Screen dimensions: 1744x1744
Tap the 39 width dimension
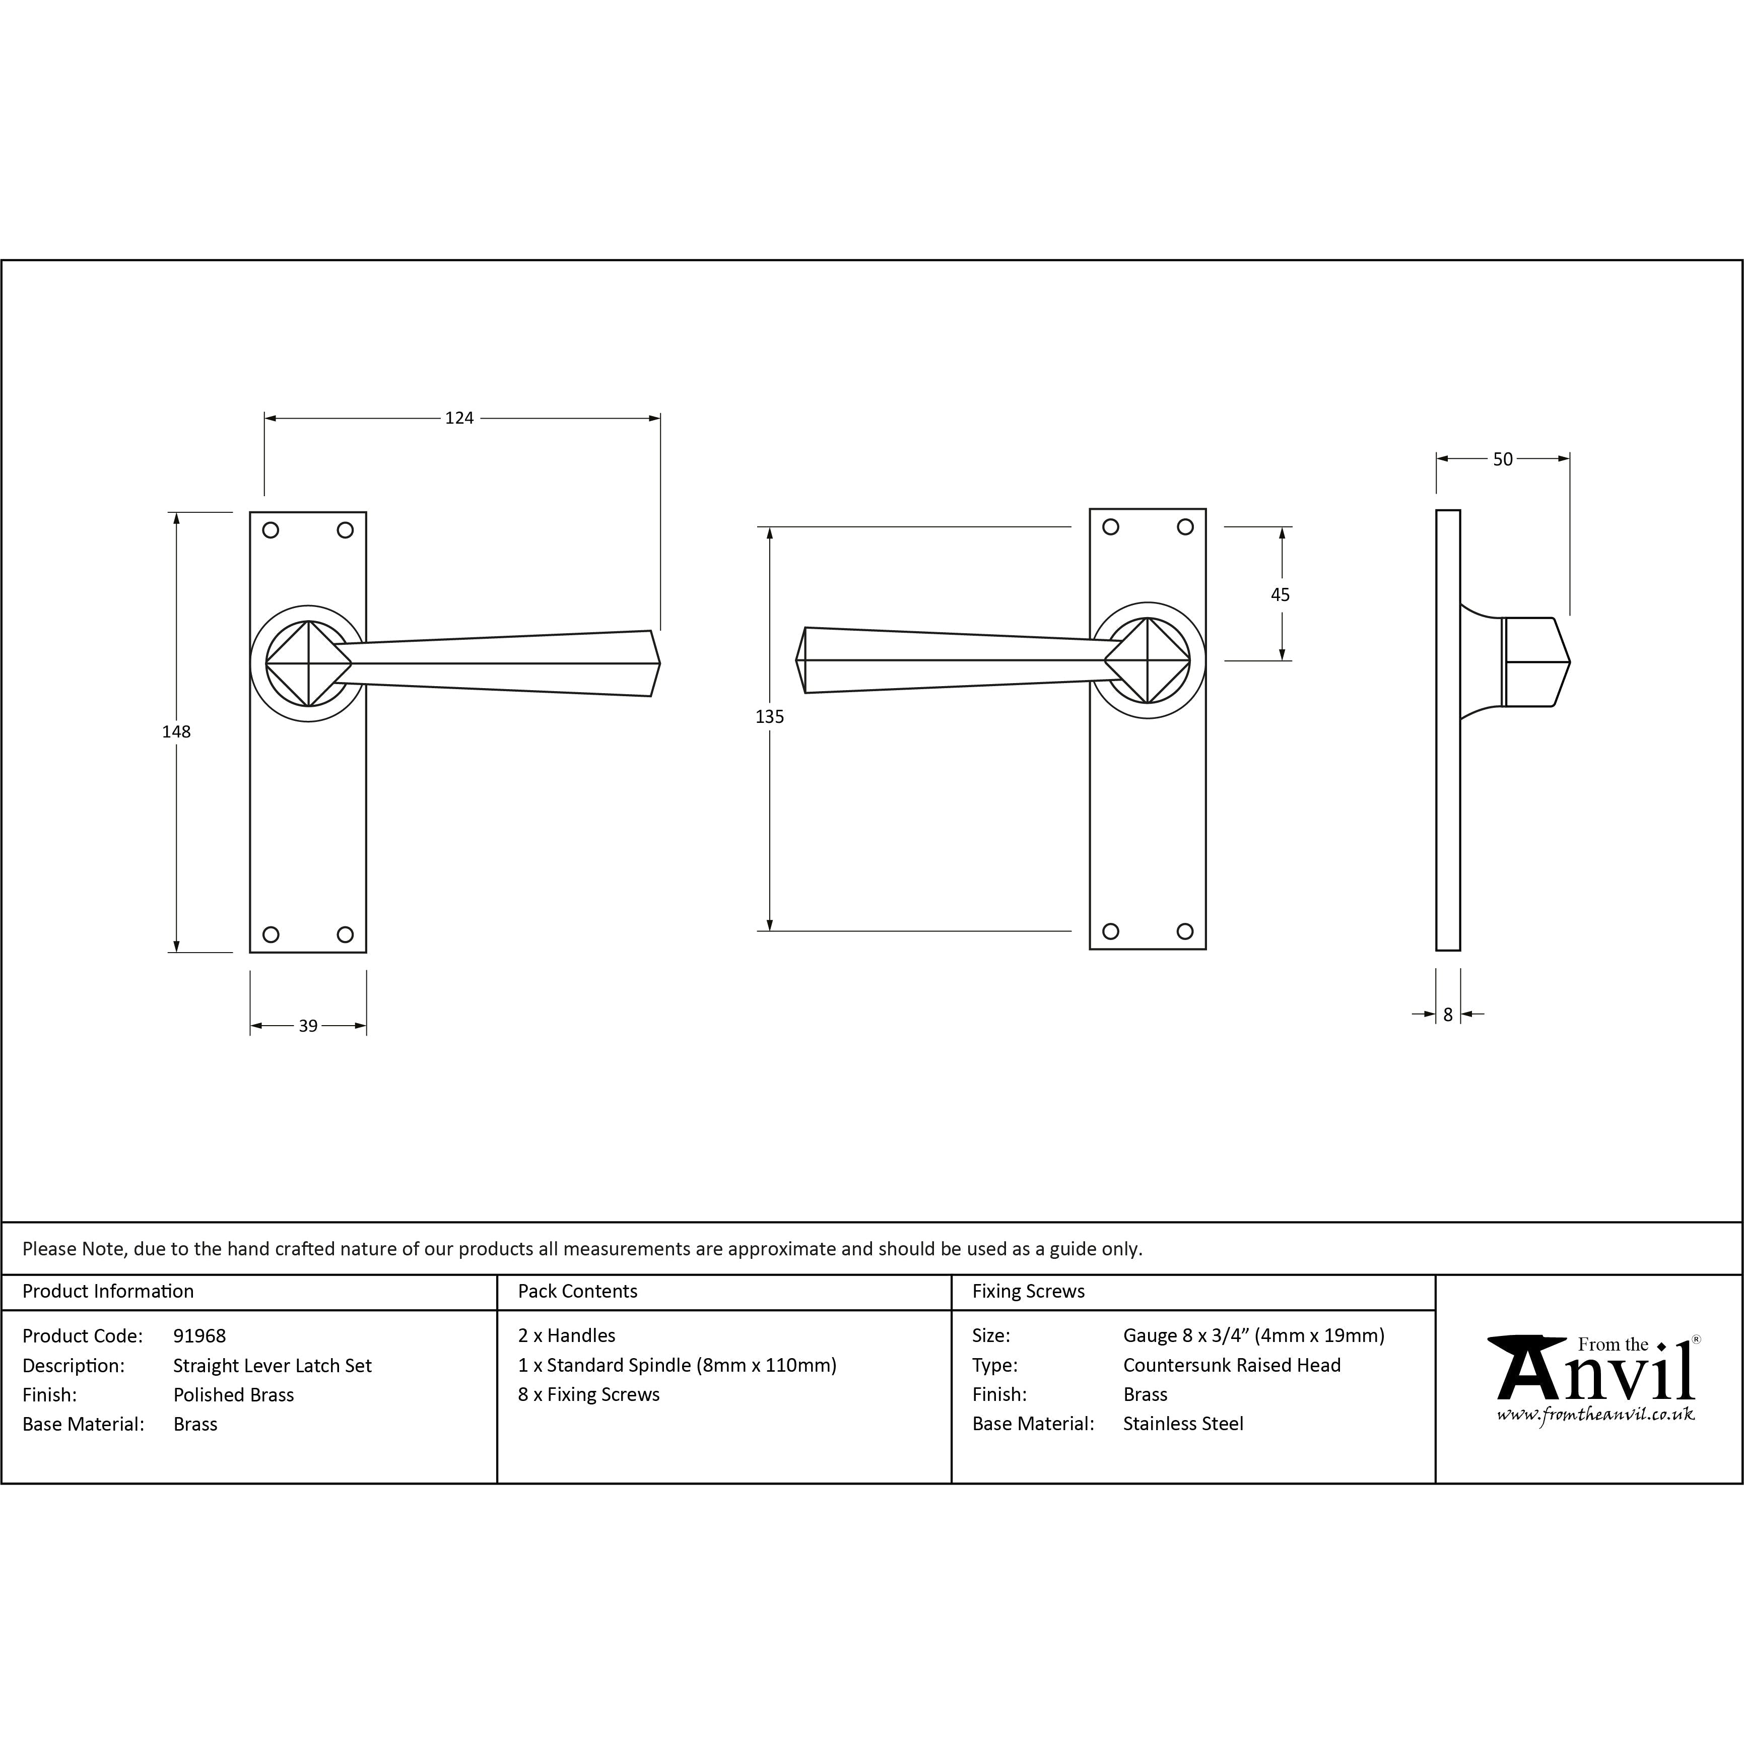[308, 1026]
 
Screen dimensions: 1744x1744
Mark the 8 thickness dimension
[1448, 1015]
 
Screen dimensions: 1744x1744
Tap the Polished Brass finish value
[234, 1395]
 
